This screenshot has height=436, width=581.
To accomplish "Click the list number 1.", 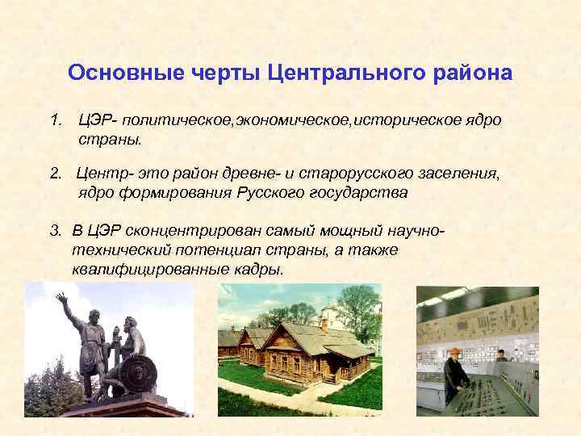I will coord(56,120).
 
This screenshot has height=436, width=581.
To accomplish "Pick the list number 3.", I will coord(56,232).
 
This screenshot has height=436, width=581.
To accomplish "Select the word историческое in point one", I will coord(412,120).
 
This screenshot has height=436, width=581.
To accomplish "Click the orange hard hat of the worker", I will coord(454,353).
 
